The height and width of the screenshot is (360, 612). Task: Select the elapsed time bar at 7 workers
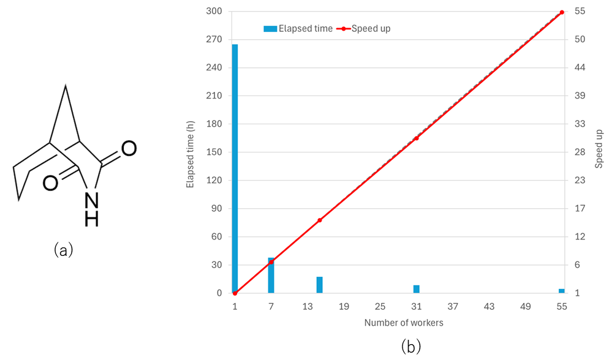pyautogui.click(x=271, y=276)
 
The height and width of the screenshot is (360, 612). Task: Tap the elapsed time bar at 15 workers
pyautogui.click(x=319, y=285)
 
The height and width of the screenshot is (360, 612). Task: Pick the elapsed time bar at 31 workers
pyautogui.click(x=417, y=289)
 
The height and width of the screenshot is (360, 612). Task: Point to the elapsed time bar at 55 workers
pyautogui.click(x=561, y=291)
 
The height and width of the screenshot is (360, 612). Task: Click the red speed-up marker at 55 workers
pyautogui.click(x=562, y=12)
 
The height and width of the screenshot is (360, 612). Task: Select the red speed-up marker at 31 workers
pyautogui.click(x=417, y=138)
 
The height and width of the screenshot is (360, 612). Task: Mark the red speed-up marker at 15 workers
pyautogui.click(x=320, y=220)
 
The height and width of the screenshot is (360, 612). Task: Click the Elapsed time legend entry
pyautogui.click(x=298, y=28)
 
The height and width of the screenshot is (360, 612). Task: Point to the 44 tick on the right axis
pyautogui.click(x=580, y=68)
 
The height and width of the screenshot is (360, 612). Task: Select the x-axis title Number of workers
pyautogui.click(x=403, y=322)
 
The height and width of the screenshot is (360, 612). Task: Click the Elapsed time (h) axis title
pyautogui.click(x=191, y=152)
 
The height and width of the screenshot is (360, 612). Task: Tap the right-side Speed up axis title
pyautogui.click(x=599, y=149)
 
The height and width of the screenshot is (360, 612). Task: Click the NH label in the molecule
pyautogui.click(x=91, y=208)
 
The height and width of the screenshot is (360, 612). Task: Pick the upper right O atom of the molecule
pyautogui.click(x=129, y=148)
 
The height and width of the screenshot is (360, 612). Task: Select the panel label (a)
pyautogui.click(x=63, y=250)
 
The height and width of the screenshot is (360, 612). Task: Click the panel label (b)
pyautogui.click(x=410, y=347)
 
